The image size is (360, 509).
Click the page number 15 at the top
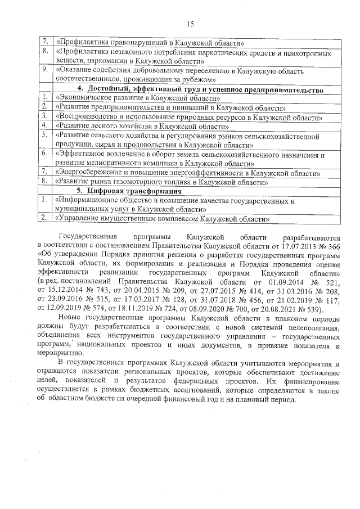pyautogui.click(x=190, y=23)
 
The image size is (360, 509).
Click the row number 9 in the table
pyautogui.click(x=44, y=70)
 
